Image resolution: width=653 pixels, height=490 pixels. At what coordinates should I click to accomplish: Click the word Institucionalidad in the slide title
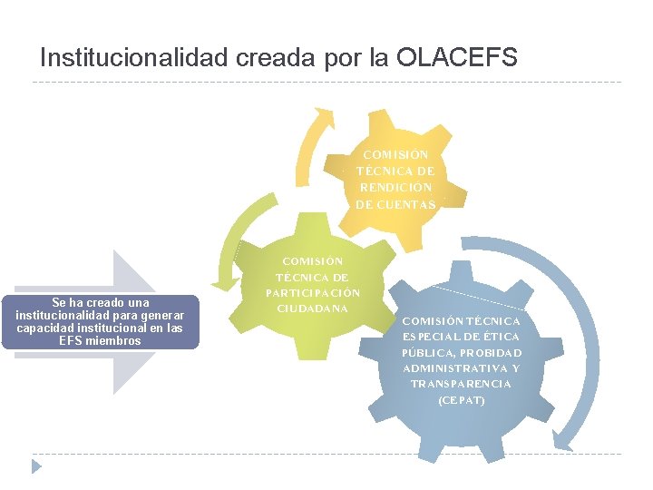(x=135, y=58)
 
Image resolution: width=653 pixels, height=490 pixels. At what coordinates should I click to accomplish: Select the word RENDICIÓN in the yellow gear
(x=395, y=188)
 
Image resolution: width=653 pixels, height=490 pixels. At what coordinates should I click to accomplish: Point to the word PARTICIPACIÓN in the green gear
(x=313, y=293)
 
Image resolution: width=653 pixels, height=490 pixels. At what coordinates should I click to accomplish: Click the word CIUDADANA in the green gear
(x=312, y=309)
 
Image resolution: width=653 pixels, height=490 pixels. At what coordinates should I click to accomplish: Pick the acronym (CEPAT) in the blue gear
(x=461, y=400)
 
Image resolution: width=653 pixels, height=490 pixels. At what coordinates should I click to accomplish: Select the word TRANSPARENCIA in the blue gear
(x=461, y=384)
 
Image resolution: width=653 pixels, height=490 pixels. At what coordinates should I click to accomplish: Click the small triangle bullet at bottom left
(x=36, y=465)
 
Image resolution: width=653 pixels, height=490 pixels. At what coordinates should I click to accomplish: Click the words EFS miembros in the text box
(x=100, y=341)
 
